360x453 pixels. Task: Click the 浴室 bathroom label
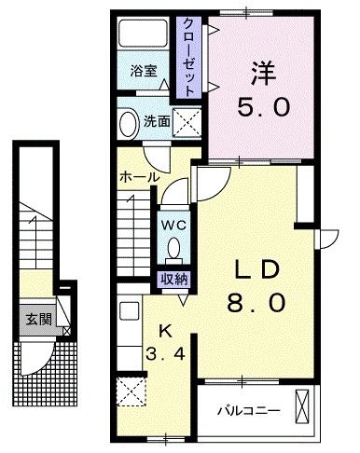144,69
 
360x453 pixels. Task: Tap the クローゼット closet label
188,54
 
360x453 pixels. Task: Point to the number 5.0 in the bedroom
263,107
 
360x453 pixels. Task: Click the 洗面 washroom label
156,121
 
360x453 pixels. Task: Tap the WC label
173,224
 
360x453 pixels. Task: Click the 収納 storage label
173,277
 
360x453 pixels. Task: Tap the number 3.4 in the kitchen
163,355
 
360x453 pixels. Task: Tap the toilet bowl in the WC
173,249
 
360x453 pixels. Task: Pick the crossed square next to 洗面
189,123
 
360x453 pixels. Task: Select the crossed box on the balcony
303,405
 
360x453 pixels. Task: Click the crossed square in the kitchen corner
130,392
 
